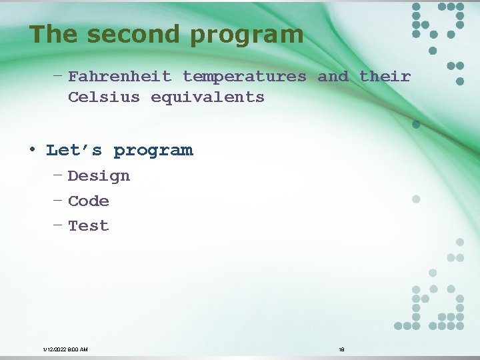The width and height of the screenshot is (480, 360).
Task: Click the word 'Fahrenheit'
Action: point(119,77)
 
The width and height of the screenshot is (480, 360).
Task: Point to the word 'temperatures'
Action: point(245,77)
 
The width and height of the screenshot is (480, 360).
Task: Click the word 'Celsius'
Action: point(104,97)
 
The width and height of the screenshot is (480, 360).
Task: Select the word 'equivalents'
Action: point(207,97)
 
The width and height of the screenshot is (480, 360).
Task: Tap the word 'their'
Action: point(385,77)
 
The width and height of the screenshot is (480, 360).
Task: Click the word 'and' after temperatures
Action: point(333,77)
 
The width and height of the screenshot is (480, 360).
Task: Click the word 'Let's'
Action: point(74,150)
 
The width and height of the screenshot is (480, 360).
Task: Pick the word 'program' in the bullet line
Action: point(153,151)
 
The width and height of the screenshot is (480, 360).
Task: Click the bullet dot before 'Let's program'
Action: point(32,149)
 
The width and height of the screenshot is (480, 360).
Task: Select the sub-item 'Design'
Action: point(99,176)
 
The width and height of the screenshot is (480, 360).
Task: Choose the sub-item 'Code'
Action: point(88,201)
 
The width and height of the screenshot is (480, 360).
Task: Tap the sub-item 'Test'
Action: point(88,226)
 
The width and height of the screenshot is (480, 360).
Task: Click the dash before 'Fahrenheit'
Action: point(58,75)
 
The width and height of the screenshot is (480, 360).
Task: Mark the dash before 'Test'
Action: point(58,225)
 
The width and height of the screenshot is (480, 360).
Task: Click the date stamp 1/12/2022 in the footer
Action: point(65,349)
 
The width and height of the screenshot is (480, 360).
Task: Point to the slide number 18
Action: point(341,349)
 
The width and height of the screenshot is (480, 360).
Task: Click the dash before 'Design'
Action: point(58,175)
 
